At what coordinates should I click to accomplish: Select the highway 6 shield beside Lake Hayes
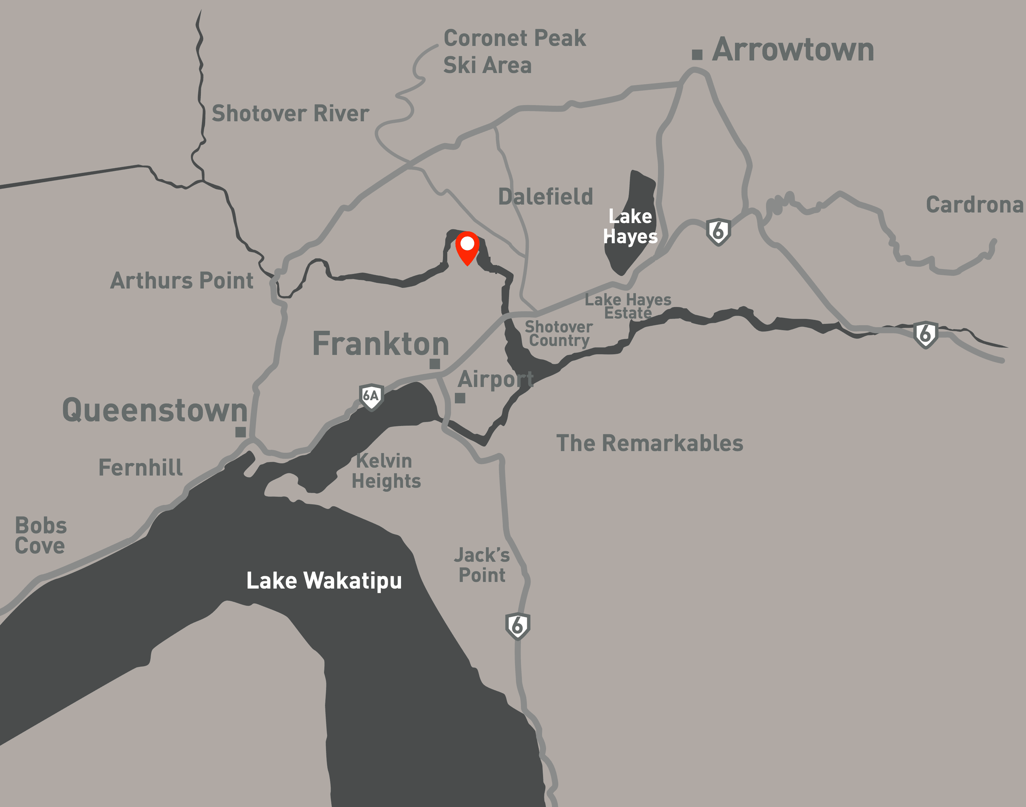click(x=718, y=232)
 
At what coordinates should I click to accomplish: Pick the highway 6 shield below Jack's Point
click(x=518, y=626)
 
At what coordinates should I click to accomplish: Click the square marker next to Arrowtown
click(x=697, y=55)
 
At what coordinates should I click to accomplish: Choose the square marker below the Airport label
click(x=460, y=398)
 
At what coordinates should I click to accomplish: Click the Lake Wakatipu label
click(x=324, y=581)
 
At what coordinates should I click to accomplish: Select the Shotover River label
click(x=290, y=114)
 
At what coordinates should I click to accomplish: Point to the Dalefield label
click(x=545, y=197)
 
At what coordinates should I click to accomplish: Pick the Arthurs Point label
click(x=182, y=281)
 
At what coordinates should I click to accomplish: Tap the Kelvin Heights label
click(x=386, y=471)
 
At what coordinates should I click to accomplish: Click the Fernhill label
click(x=140, y=468)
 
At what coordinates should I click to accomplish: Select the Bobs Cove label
click(x=41, y=536)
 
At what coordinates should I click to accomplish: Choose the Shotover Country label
click(x=559, y=333)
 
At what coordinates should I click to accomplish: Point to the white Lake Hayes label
click(x=630, y=226)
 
